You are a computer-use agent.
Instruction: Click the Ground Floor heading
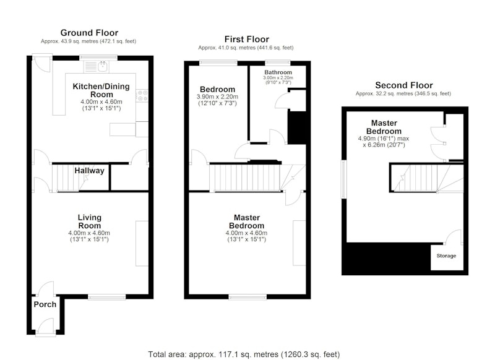tap(89, 33)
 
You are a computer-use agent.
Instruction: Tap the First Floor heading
tap(246, 40)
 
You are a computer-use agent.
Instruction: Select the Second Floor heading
tap(404, 85)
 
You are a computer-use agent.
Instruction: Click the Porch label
tap(45, 304)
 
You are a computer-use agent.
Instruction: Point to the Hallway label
tap(89, 171)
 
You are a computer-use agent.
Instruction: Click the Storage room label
tap(446, 255)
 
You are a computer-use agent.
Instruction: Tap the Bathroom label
tap(278, 72)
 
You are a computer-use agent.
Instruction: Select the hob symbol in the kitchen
tap(142, 96)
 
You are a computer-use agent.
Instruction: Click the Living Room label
tap(90, 221)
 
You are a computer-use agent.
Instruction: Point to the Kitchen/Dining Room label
tap(101, 90)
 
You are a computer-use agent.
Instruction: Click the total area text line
tap(244, 354)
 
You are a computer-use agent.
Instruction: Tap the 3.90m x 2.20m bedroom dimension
tap(217, 97)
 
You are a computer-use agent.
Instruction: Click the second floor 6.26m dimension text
tap(384, 145)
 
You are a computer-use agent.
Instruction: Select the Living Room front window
tap(106, 297)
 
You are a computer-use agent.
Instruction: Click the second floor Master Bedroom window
tap(343, 179)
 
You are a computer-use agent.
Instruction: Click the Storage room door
tap(454, 237)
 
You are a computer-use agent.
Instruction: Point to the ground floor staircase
tap(70, 178)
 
